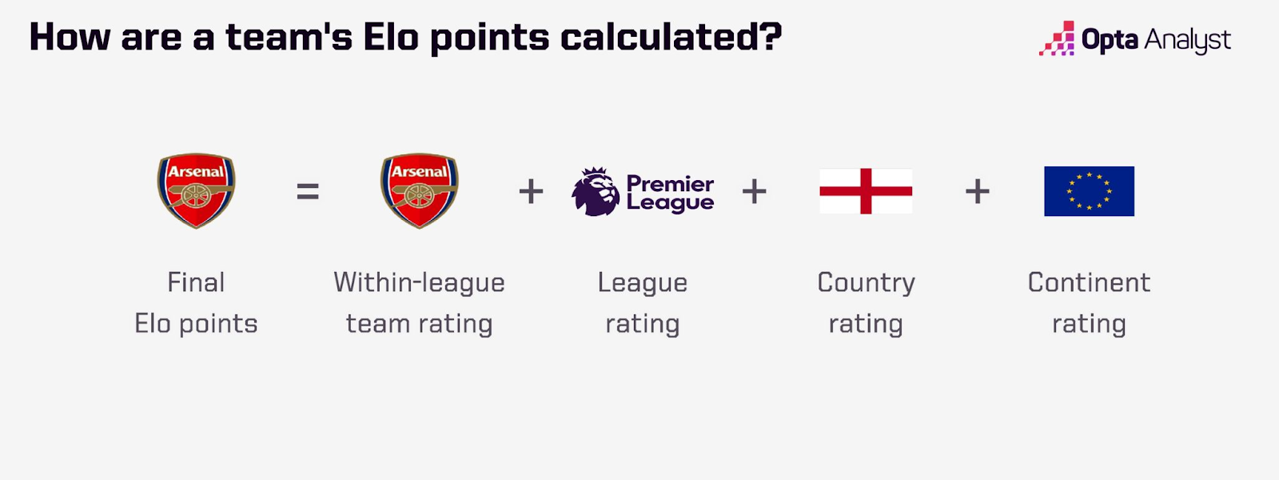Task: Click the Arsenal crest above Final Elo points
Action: pos(196,190)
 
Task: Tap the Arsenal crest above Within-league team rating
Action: pos(419,190)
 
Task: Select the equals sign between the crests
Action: pos(308,191)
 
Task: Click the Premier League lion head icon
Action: pos(596,191)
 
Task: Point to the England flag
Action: pos(866,191)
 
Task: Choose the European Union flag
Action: pos(1089,191)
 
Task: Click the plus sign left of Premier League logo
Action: pos(531,191)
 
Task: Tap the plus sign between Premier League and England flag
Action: pos(755,191)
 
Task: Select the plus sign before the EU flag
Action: pos(978,191)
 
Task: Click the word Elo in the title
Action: pos(391,37)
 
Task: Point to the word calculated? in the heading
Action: pos(671,37)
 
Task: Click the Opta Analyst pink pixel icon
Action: pos(1057,38)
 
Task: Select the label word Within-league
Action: pos(419,283)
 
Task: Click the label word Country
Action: pos(867,283)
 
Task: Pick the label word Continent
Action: pos(1089,282)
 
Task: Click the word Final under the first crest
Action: pos(196,282)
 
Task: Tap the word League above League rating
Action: pos(643,283)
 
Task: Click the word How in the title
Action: pos(69,37)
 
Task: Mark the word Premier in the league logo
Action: pos(671,184)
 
